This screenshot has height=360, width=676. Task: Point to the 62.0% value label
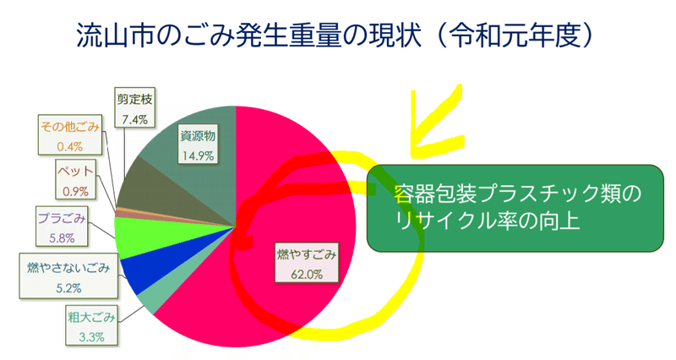click(307, 274)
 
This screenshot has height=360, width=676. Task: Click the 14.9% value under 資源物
click(198, 155)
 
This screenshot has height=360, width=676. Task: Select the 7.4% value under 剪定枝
click(134, 119)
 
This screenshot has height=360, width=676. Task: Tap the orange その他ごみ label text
click(70, 127)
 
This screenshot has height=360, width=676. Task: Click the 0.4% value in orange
click(70, 146)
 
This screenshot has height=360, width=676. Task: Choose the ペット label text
click(75, 172)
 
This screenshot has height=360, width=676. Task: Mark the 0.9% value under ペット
click(75, 191)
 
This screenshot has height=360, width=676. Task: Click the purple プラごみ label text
click(62, 218)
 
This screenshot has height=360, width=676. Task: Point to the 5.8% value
click(62, 238)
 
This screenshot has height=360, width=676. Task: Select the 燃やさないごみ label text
click(68, 268)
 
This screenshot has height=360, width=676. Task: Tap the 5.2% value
click(68, 287)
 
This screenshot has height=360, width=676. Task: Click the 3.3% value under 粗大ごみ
click(91, 336)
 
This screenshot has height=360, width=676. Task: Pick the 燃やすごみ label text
click(307, 254)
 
